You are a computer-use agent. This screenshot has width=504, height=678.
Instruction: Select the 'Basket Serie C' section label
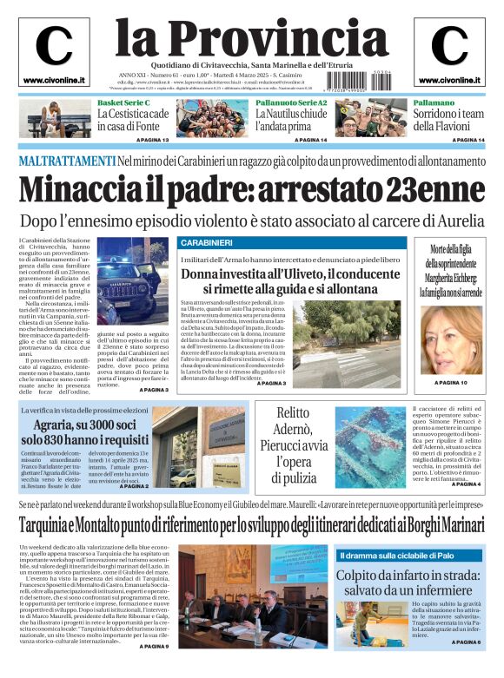point(123,103)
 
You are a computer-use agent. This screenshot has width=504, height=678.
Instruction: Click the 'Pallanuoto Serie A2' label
point(291,103)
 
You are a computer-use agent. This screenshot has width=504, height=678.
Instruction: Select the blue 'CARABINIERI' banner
point(206,242)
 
